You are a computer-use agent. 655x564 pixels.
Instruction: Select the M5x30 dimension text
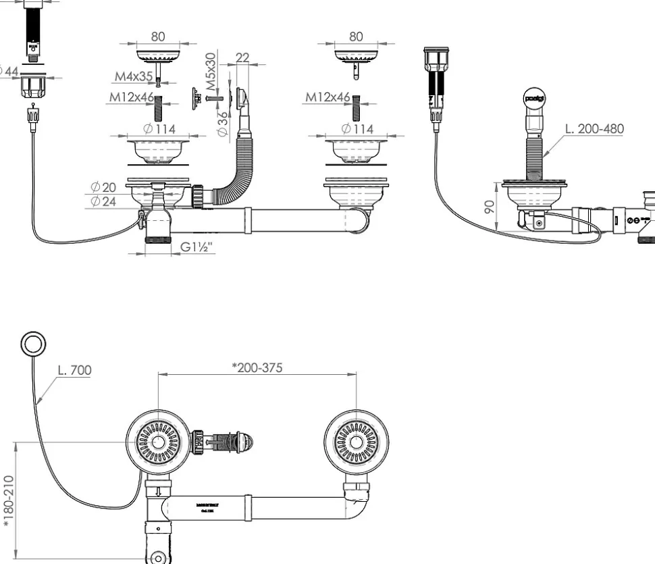pos(211,72)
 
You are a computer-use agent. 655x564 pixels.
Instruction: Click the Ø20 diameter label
pos(103,187)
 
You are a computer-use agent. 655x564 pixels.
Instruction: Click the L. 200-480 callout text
pos(594,128)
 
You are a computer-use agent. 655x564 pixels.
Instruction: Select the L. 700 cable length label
pos(75,370)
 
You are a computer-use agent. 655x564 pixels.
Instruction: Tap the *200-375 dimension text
pos(257,367)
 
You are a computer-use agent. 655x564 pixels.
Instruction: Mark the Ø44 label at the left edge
pos(9,71)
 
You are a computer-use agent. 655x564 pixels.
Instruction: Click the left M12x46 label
pos(132,97)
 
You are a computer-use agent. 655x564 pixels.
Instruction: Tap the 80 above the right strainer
pos(356,36)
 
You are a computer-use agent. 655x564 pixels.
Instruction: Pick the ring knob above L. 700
pos(32,344)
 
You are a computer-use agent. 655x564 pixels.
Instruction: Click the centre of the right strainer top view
pos(356,443)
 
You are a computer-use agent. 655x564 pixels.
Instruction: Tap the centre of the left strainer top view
pos(158,443)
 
